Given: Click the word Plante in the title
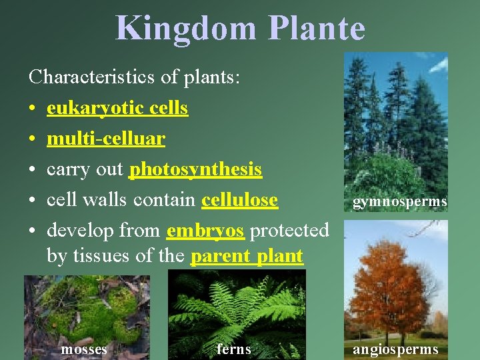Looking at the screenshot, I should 317,29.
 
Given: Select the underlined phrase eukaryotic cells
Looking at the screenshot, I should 117,108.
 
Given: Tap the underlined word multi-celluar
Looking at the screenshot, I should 106,139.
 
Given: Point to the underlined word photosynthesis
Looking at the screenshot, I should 195,169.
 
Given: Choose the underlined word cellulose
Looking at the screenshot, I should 239,200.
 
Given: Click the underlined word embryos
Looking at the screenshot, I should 205,231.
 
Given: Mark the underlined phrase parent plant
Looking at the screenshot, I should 247,255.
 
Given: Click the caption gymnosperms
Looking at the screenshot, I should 399,201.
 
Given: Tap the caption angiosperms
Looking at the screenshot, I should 395,349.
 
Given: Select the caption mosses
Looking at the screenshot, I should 84,349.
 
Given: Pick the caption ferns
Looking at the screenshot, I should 234,349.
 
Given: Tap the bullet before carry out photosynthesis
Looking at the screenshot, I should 33,170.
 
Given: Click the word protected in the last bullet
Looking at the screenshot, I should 289,231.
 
